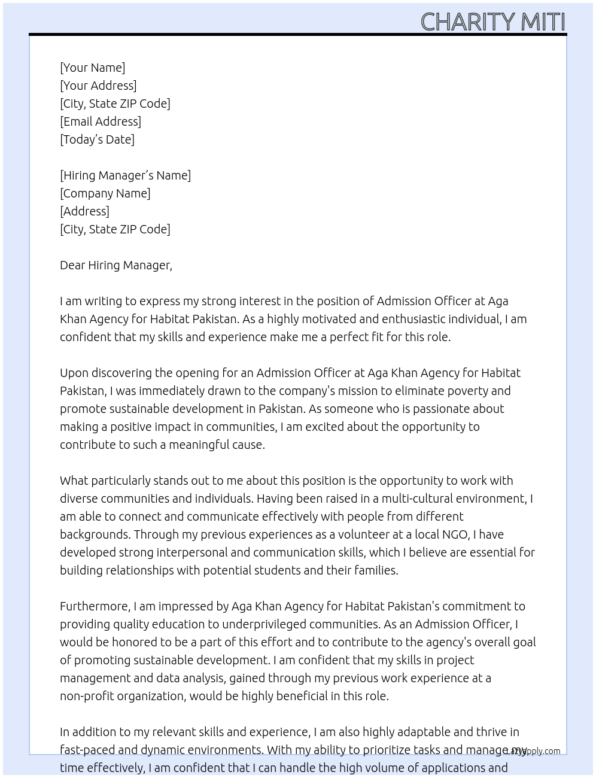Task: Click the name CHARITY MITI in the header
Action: (492, 22)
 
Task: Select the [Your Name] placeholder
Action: (92, 68)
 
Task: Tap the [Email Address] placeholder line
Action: (101, 121)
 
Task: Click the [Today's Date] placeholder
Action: (97, 139)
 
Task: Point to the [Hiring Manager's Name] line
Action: (125, 175)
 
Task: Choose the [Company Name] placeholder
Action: (105, 193)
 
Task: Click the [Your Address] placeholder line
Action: (98, 86)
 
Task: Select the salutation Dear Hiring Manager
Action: (115, 265)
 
